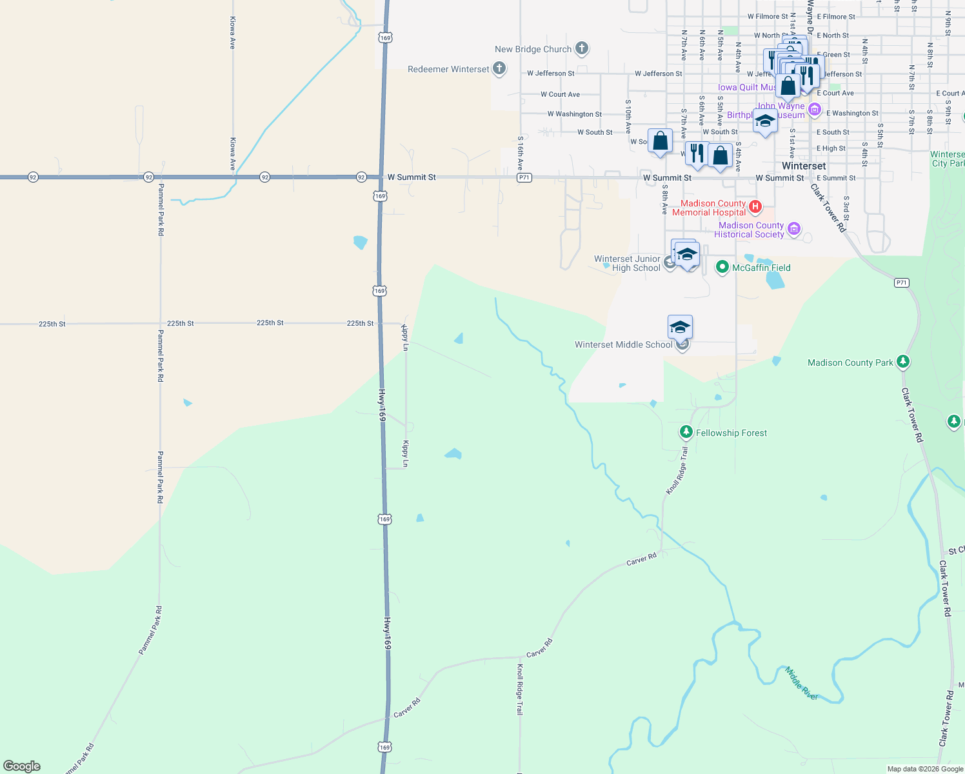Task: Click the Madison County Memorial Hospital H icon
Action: [755, 207]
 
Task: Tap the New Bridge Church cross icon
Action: [581, 48]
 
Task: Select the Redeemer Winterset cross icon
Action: [499, 68]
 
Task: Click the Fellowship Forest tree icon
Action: [686, 432]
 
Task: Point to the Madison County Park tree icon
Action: [903, 362]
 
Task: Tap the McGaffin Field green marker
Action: [722, 267]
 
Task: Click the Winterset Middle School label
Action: [623, 344]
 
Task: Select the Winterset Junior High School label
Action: [627, 263]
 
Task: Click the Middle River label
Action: [801, 683]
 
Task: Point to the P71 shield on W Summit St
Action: [524, 177]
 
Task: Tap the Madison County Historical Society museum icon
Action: [794, 229]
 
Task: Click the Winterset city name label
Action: [804, 166]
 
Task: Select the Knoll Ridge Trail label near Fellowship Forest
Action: [677, 471]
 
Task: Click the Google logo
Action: [22, 766]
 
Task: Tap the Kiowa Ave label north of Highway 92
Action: [233, 33]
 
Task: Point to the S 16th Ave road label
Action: [521, 153]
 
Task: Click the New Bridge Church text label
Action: [533, 49]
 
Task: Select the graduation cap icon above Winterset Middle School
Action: [680, 327]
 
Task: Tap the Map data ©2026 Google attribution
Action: [925, 769]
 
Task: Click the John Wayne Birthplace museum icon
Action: [815, 110]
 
